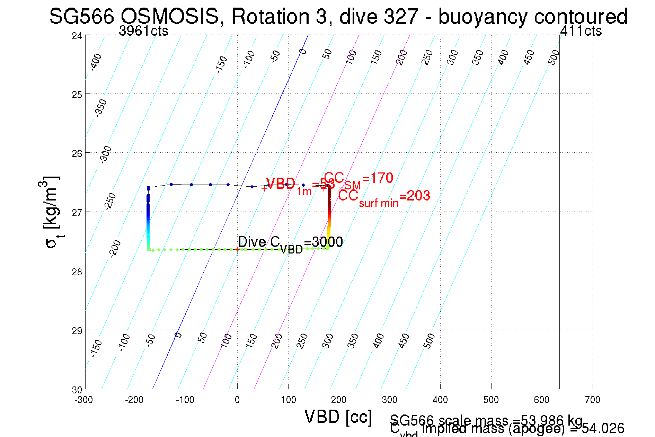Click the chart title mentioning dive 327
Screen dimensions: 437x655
338,16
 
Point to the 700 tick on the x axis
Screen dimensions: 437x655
592,400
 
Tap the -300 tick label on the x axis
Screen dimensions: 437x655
84,400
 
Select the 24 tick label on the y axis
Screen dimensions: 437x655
77,36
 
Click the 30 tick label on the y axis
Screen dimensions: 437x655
77,390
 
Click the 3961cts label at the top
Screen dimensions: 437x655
143,31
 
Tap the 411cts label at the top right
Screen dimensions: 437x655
581,31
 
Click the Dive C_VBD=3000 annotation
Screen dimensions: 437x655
290,243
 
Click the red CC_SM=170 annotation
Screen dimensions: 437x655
359,179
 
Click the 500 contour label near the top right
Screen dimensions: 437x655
554,57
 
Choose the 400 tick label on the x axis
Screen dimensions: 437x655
440,400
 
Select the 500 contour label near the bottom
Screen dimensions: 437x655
429,341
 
